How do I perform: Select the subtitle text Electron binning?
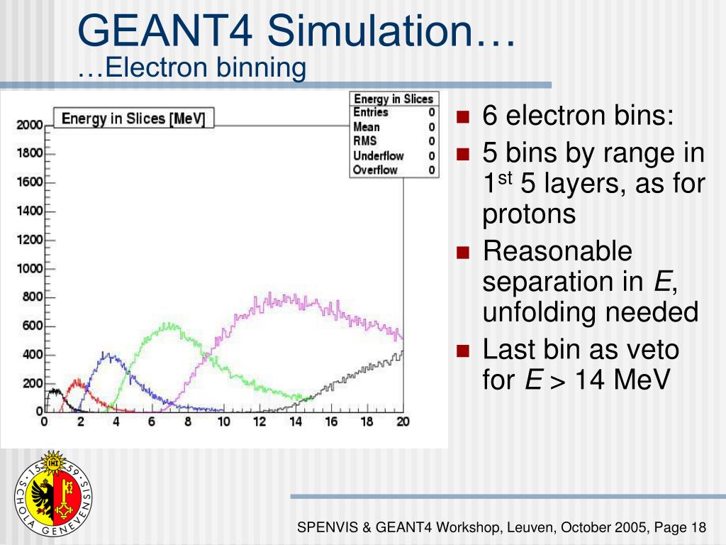[x=191, y=68]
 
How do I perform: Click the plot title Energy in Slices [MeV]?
[x=133, y=119]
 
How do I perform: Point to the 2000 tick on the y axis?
[x=30, y=125]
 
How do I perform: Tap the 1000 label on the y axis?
[x=30, y=269]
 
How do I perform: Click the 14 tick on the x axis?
[x=295, y=422]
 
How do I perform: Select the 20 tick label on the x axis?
[x=402, y=422]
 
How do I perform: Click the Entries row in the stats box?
[x=393, y=113]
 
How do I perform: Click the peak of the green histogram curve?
[x=169, y=325]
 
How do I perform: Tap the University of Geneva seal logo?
[x=54, y=493]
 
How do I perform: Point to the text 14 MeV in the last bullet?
[x=622, y=380]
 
